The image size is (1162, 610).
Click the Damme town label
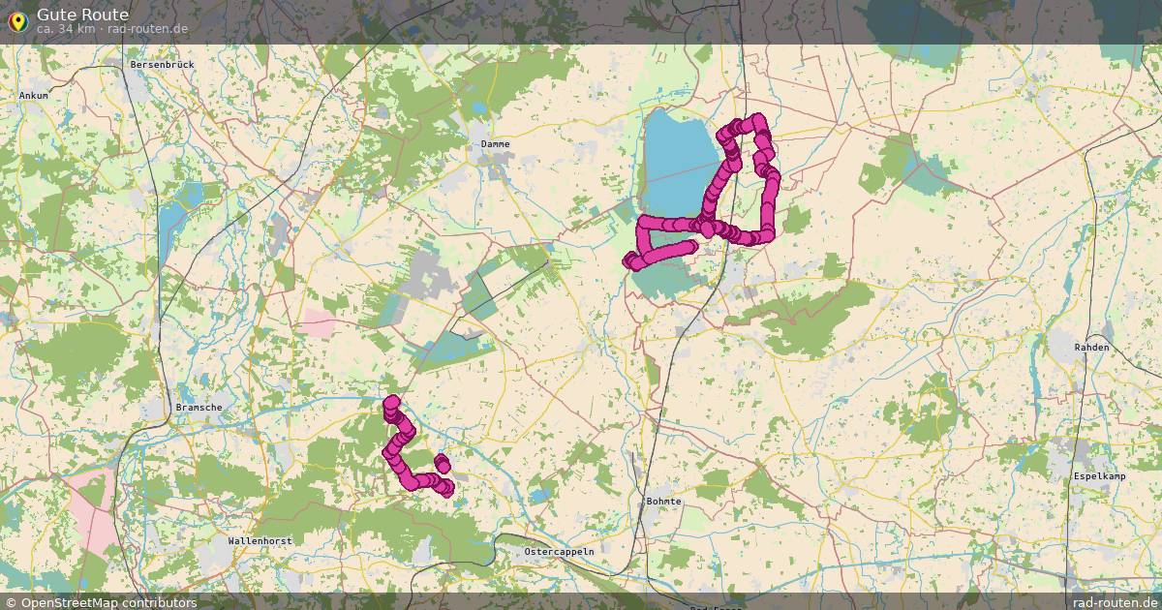point(495,144)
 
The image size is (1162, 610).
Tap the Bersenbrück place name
point(163,65)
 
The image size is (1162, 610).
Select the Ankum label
point(33,96)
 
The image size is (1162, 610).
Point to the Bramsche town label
point(199,408)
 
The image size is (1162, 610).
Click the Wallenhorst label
point(260,541)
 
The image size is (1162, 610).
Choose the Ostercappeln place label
point(559,551)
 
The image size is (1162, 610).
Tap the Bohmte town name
point(663,502)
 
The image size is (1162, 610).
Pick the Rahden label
point(1091,347)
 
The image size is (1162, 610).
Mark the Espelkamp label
point(1099,476)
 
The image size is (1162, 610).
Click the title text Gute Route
point(82,14)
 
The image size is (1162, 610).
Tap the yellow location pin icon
point(16,19)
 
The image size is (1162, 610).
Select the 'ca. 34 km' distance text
point(65,29)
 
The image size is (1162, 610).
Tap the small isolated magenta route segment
point(442,464)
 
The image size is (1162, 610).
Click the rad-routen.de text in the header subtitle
point(147,29)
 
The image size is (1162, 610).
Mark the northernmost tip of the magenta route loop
point(756,119)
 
